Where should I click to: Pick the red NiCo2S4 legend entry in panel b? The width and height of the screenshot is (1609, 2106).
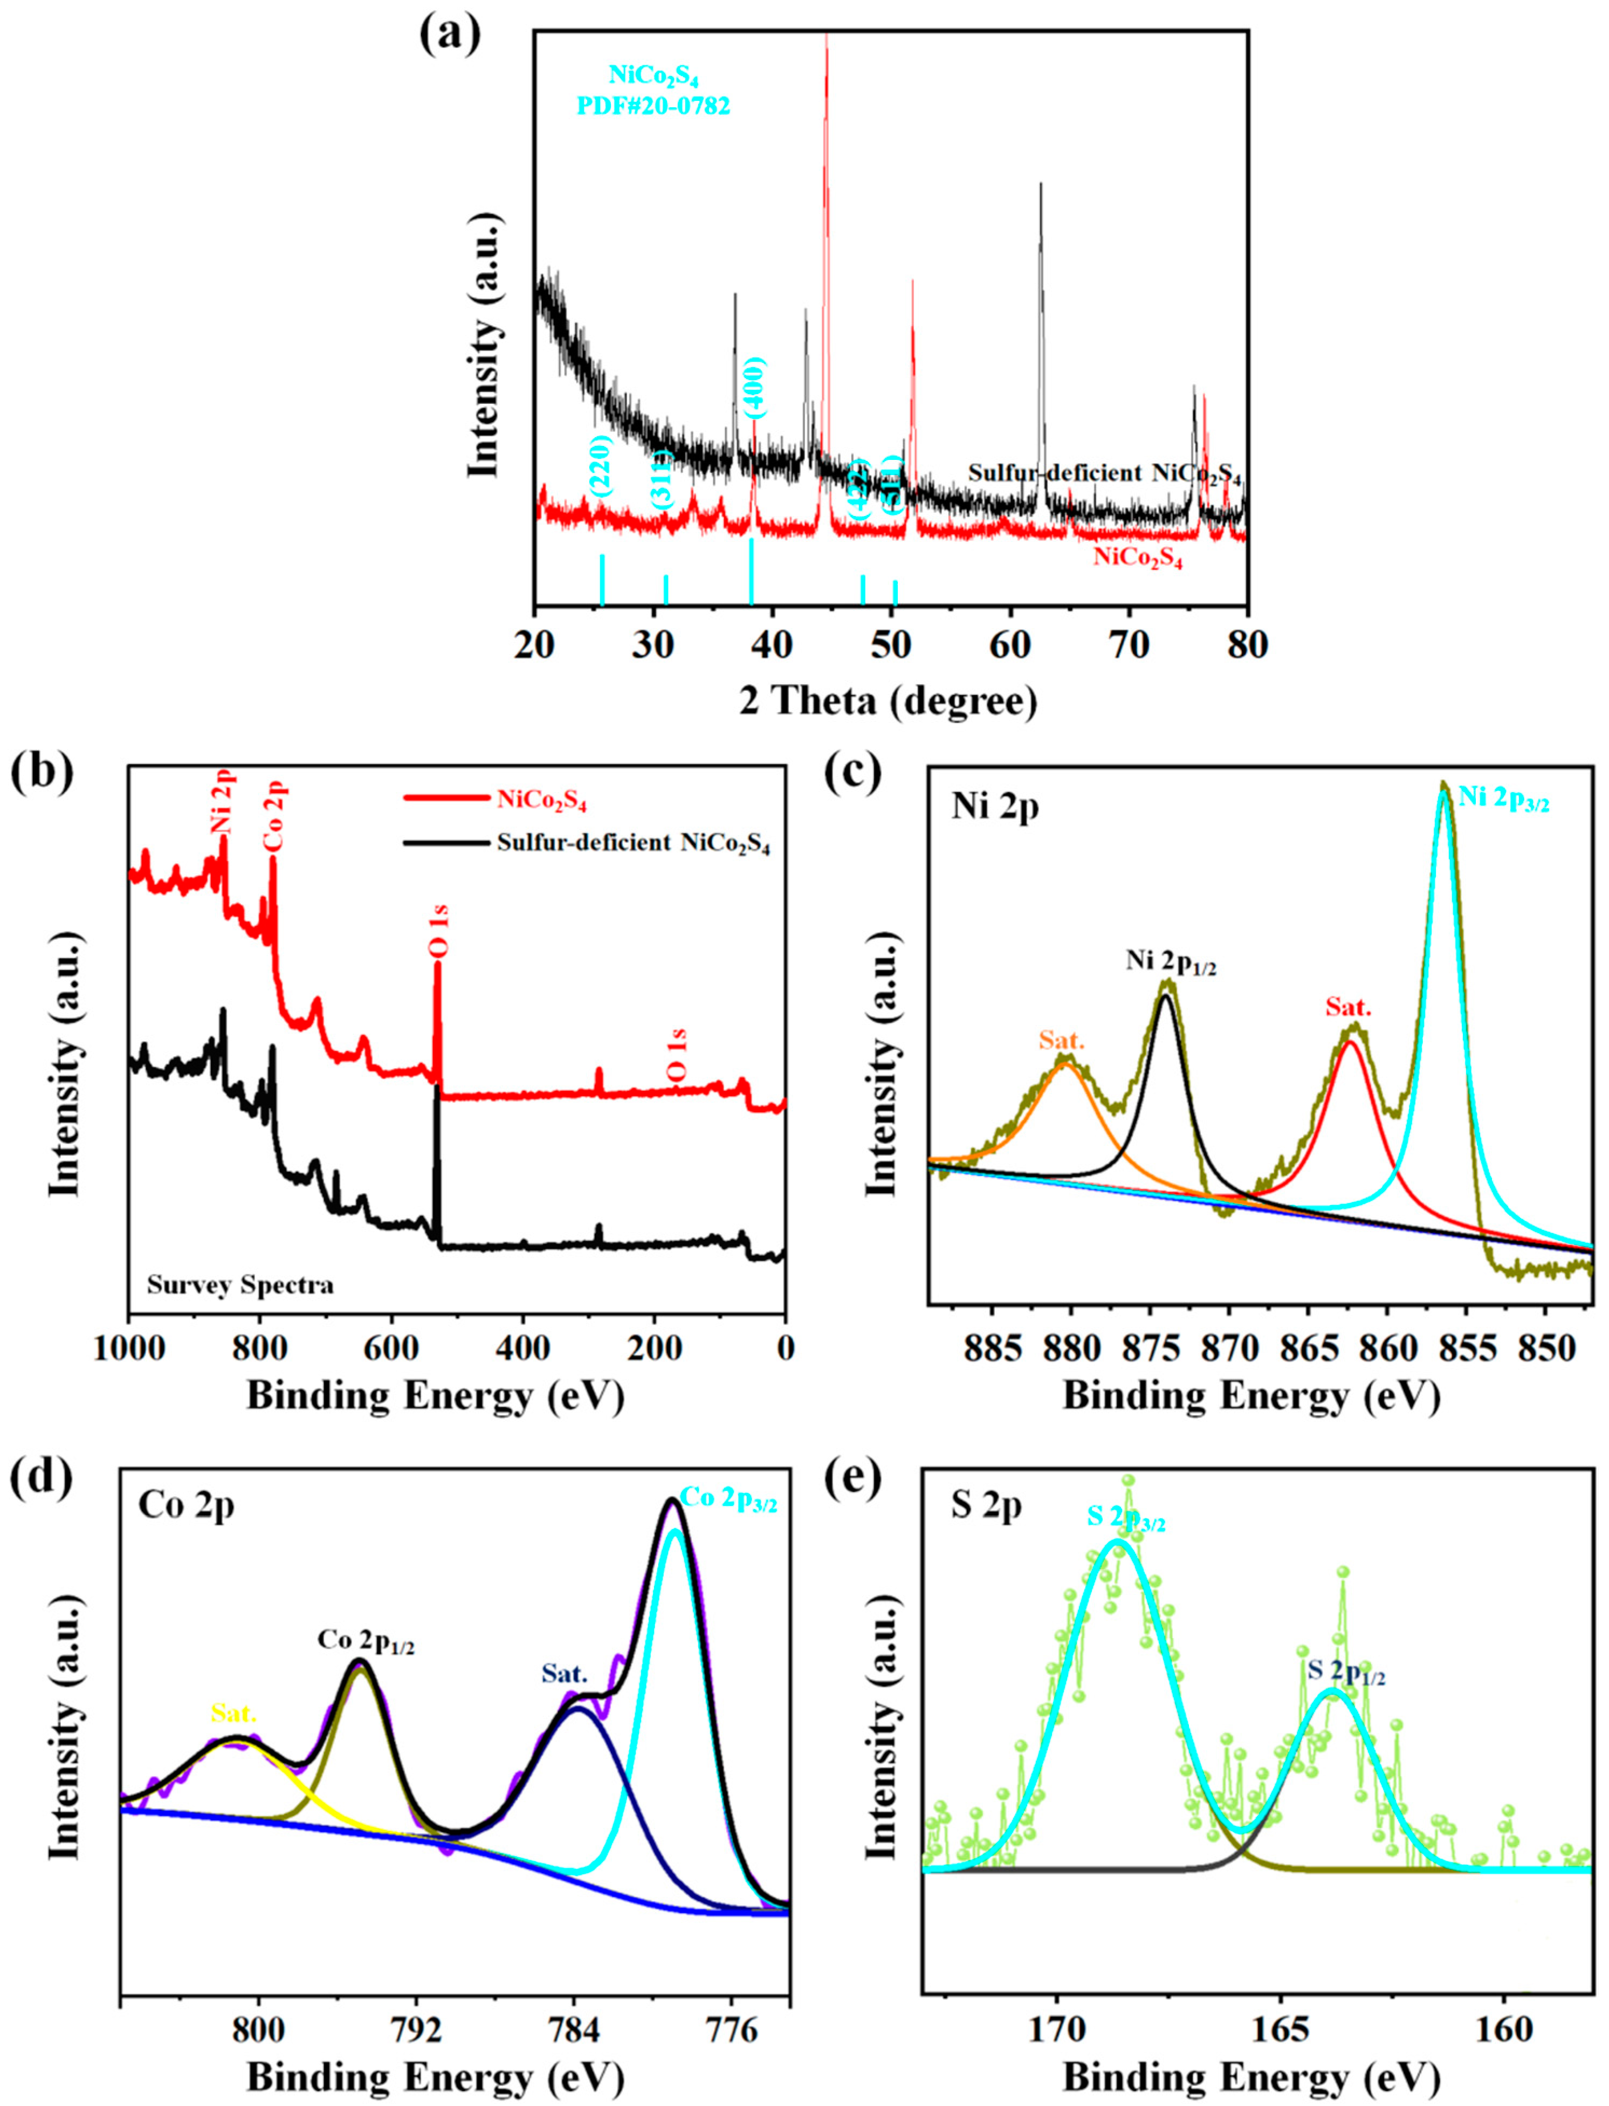coord(542,800)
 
